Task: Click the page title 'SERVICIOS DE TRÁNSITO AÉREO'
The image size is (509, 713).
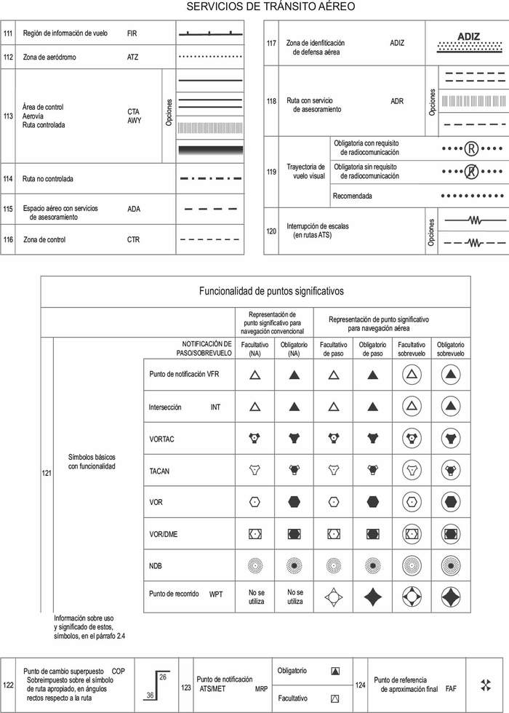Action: (x=270, y=7)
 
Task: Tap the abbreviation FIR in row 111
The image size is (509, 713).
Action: (x=132, y=33)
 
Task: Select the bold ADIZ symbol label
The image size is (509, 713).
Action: (x=470, y=37)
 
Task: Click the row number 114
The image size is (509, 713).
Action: (x=8, y=178)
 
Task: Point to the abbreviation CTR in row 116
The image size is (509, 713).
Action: (x=133, y=239)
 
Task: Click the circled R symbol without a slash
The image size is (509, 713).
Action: (x=471, y=149)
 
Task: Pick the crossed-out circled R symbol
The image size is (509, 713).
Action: (x=471, y=172)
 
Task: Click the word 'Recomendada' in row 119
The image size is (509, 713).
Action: (x=353, y=196)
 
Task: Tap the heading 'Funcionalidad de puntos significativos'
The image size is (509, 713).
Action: (x=270, y=291)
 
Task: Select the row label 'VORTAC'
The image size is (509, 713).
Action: (x=161, y=439)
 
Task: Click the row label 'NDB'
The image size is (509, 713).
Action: (x=156, y=565)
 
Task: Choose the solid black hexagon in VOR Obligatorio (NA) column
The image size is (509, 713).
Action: (x=294, y=502)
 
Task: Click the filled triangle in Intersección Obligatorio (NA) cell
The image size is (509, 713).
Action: (x=294, y=407)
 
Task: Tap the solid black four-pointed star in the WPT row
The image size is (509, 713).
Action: (x=372, y=597)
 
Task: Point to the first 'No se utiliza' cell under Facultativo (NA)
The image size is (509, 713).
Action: (x=255, y=597)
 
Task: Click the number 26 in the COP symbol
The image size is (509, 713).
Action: (x=164, y=677)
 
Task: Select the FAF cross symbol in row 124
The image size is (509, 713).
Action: (x=486, y=685)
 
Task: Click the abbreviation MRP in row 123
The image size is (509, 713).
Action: (x=261, y=688)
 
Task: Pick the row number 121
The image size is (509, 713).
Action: (x=47, y=474)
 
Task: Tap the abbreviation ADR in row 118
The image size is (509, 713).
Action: (x=396, y=101)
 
